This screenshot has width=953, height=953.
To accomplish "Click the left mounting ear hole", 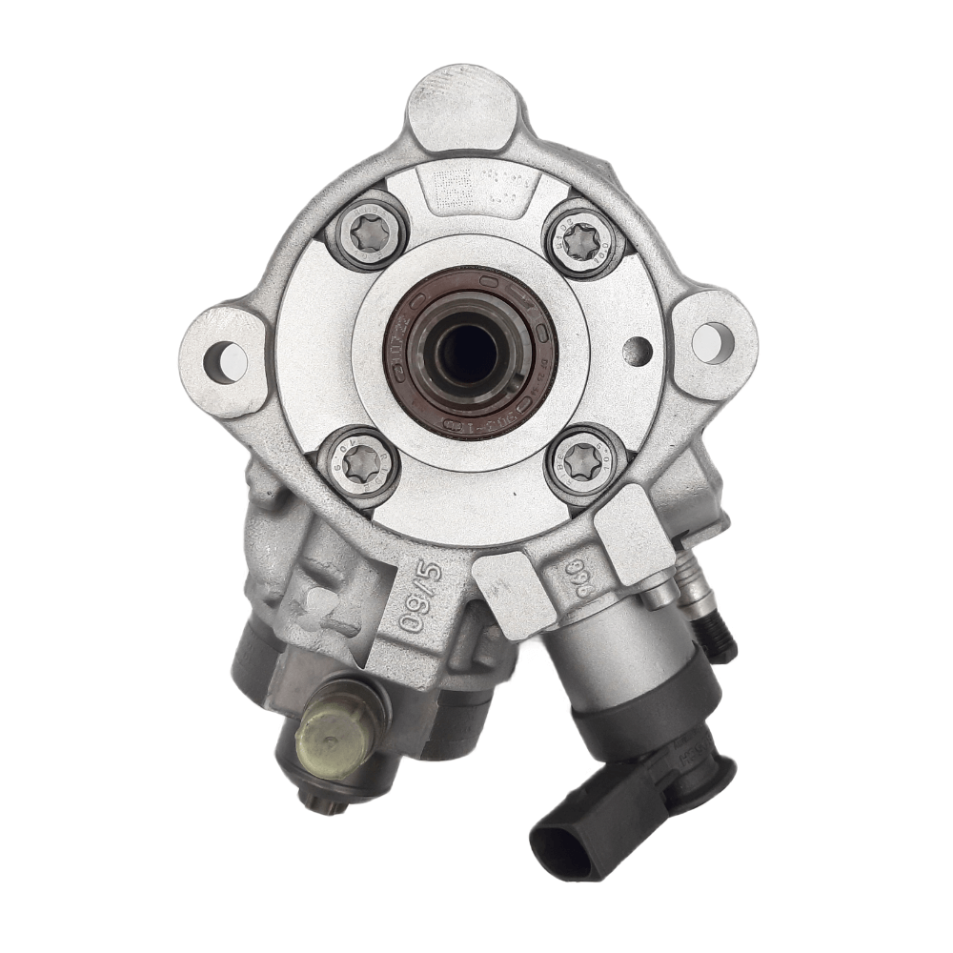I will pyautogui.click(x=226, y=361).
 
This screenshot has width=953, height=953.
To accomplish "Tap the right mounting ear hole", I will pyautogui.click(x=713, y=342).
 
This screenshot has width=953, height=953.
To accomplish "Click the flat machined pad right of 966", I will pyautogui.click(x=633, y=534).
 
